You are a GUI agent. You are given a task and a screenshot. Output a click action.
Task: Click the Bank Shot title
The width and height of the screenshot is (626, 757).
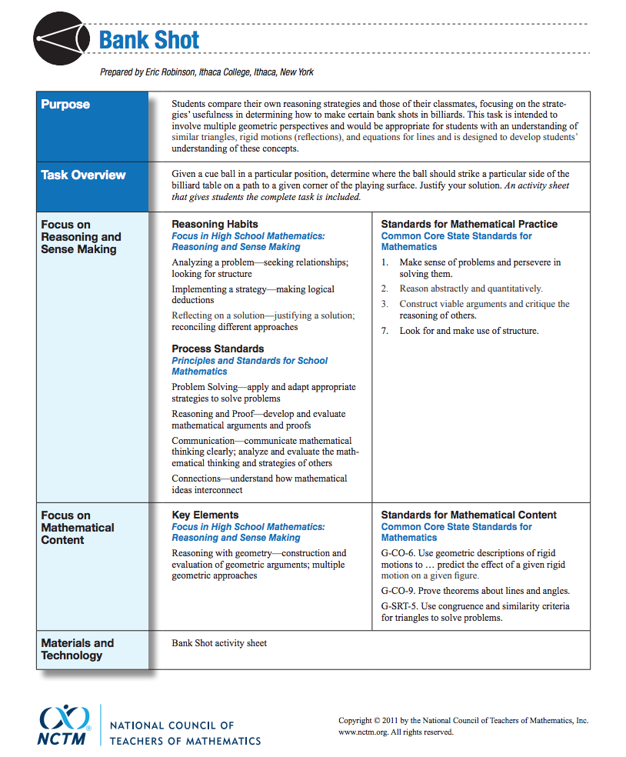pyautogui.click(x=149, y=40)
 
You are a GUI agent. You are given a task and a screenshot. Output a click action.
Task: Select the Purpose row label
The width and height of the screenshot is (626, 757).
pyautogui.click(x=65, y=105)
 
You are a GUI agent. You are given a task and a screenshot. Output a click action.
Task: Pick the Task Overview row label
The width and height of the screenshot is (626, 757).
pyautogui.click(x=83, y=175)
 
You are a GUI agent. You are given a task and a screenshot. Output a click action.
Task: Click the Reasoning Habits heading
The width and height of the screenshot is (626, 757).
pyautogui.click(x=215, y=224)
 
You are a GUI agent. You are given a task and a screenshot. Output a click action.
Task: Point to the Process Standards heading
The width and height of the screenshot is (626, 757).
pyautogui.click(x=218, y=348)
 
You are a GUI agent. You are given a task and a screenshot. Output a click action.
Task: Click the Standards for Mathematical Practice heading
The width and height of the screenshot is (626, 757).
pyautogui.click(x=469, y=224)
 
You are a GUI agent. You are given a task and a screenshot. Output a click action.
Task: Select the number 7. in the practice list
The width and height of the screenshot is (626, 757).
pyautogui.click(x=386, y=331)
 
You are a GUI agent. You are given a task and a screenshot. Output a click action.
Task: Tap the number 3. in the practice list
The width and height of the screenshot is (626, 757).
pyautogui.click(x=386, y=304)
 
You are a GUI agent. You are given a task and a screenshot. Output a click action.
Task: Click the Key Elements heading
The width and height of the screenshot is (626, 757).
pyautogui.click(x=205, y=515)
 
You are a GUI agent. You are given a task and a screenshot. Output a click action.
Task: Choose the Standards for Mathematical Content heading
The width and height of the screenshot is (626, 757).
pyautogui.click(x=468, y=515)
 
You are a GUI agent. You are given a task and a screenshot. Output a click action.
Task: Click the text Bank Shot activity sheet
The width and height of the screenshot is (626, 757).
pyautogui.click(x=219, y=643)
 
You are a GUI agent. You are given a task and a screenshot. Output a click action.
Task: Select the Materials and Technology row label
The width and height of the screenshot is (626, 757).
pyautogui.click(x=77, y=649)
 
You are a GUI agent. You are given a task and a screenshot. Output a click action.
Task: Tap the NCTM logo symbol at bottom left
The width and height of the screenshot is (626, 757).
pyautogui.click(x=65, y=719)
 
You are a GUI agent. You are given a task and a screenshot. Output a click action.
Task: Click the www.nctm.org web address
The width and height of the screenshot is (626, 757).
pyautogui.click(x=364, y=732)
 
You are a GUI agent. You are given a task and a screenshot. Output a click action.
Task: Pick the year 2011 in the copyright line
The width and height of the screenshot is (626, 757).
pyautogui.click(x=390, y=721)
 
